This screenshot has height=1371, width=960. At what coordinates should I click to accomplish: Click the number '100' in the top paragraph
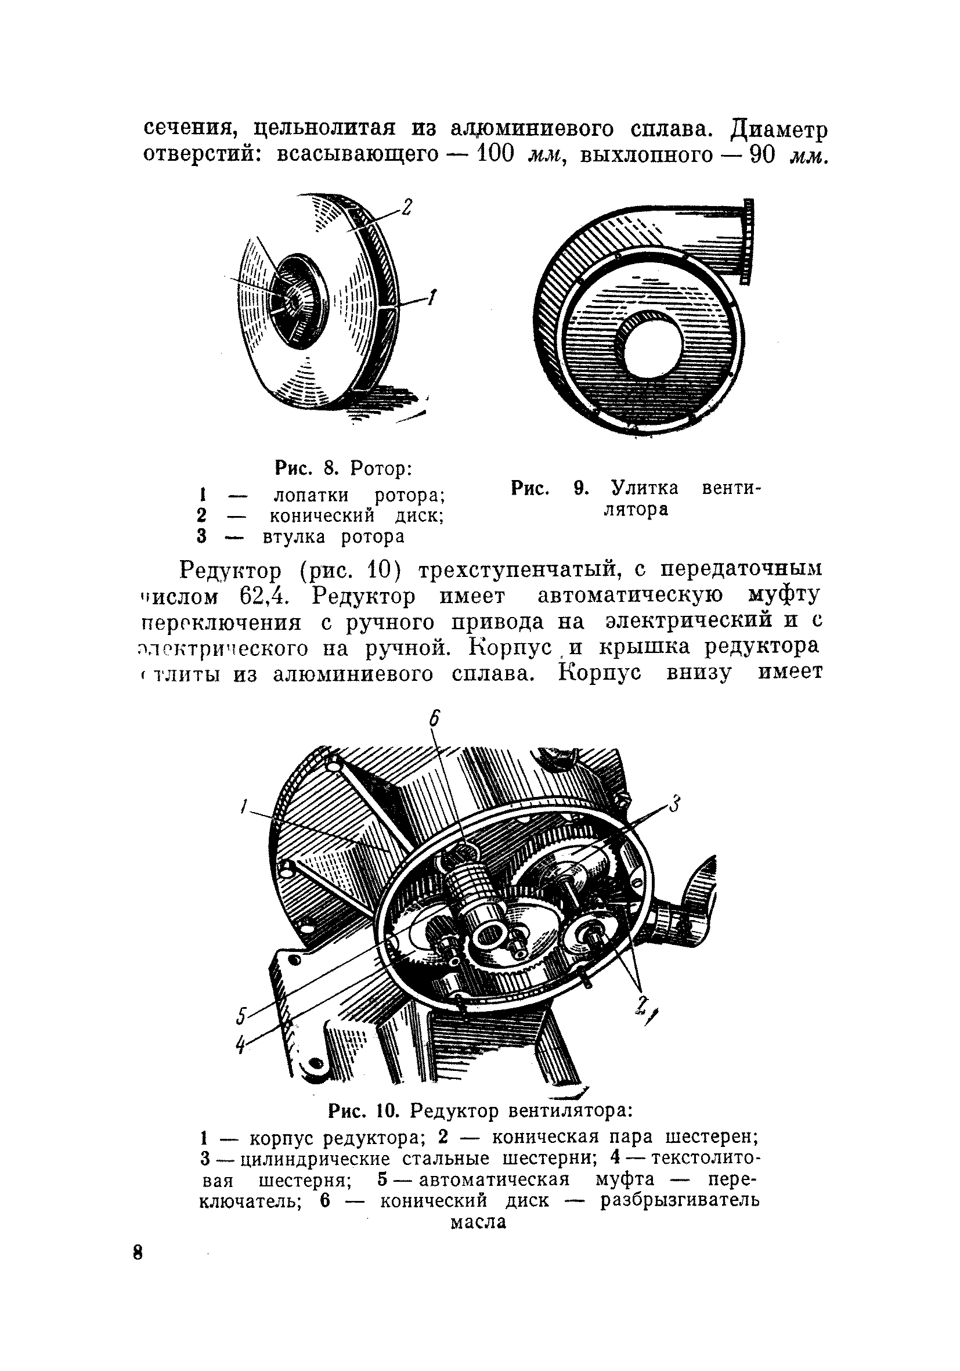496,154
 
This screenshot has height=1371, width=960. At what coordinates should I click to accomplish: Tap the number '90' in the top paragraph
762,154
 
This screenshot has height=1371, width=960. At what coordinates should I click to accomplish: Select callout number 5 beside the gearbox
241,1016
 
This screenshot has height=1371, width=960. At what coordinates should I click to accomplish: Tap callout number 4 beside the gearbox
241,1044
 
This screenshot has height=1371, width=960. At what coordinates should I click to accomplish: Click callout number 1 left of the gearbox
243,807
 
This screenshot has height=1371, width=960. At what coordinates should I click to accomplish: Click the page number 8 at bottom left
138,1252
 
